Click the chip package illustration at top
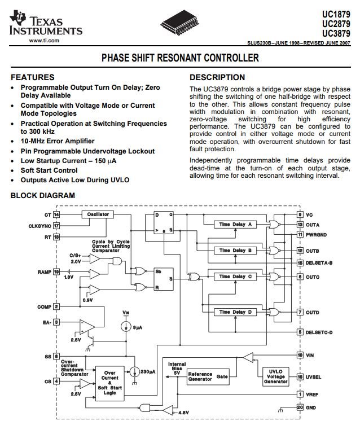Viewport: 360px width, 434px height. pyautogui.click(x=179, y=23)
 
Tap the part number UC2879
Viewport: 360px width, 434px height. pyautogui.click(x=336, y=24)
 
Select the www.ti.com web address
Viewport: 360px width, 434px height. pyautogui.click(x=44, y=41)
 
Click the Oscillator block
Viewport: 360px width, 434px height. pyautogui.click(x=98, y=214)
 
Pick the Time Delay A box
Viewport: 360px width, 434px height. pyautogui.click(x=235, y=225)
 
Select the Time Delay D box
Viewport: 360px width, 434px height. pyautogui.click(x=235, y=312)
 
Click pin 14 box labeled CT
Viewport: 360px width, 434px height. pyautogui.click(x=56, y=215)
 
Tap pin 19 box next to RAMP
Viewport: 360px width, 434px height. pyautogui.click(x=56, y=272)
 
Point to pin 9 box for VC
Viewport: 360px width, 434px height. pyautogui.click(x=300, y=214)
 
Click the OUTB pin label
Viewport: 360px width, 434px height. pyautogui.click(x=312, y=251)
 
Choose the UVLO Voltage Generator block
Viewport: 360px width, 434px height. pyautogui.click(x=275, y=376)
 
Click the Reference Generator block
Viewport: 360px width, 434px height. pyautogui.click(x=208, y=376)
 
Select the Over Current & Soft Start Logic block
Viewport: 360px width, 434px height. pyautogui.click(x=110, y=383)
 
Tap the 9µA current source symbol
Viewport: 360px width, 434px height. pyautogui.click(x=126, y=327)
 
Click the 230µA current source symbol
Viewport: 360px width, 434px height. pyautogui.click(x=135, y=372)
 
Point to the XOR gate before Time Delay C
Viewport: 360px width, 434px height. pyautogui.click(x=194, y=277)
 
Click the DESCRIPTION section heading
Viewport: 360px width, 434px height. pyautogui.click(x=217, y=77)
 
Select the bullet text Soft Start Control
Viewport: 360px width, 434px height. pyautogui.click(x=49, y=170)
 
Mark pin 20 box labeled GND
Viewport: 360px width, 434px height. pyautogui.click(x=300, y=407)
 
